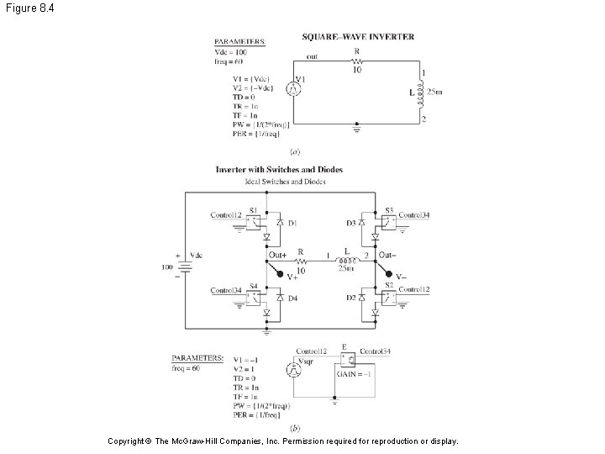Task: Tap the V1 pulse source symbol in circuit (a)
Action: [x=293, y=87]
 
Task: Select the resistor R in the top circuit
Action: [x=356, y=61]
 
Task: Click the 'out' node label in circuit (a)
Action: [x=312, y=56]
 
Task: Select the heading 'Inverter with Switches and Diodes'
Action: [x=279, y=170]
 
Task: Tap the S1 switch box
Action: [x=255, y=222]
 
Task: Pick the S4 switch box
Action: [x=255, y=297]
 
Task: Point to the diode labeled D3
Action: [x=361, y=223]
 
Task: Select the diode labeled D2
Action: [x=361, y=298]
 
